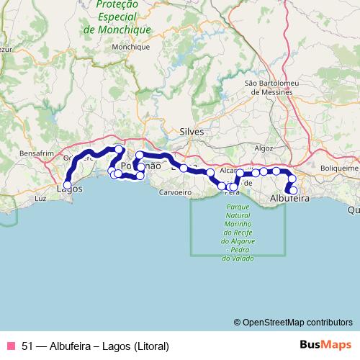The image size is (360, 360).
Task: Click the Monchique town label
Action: pos(130,47)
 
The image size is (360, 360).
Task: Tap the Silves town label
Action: pos(192,132)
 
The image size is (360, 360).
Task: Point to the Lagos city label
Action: pos(69,190)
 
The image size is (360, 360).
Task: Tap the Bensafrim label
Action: pos(37,154)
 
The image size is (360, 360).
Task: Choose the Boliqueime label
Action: pos(339,168)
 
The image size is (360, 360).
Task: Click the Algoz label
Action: pos(264,148)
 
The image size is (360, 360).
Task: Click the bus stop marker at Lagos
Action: pos(67,185)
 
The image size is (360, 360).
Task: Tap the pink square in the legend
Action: pos(10,345)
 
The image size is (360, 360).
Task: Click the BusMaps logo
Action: pos(326,345)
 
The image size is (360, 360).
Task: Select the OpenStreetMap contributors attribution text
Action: pos(297,322)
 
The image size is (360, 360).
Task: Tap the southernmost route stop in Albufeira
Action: pos(293,190)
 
